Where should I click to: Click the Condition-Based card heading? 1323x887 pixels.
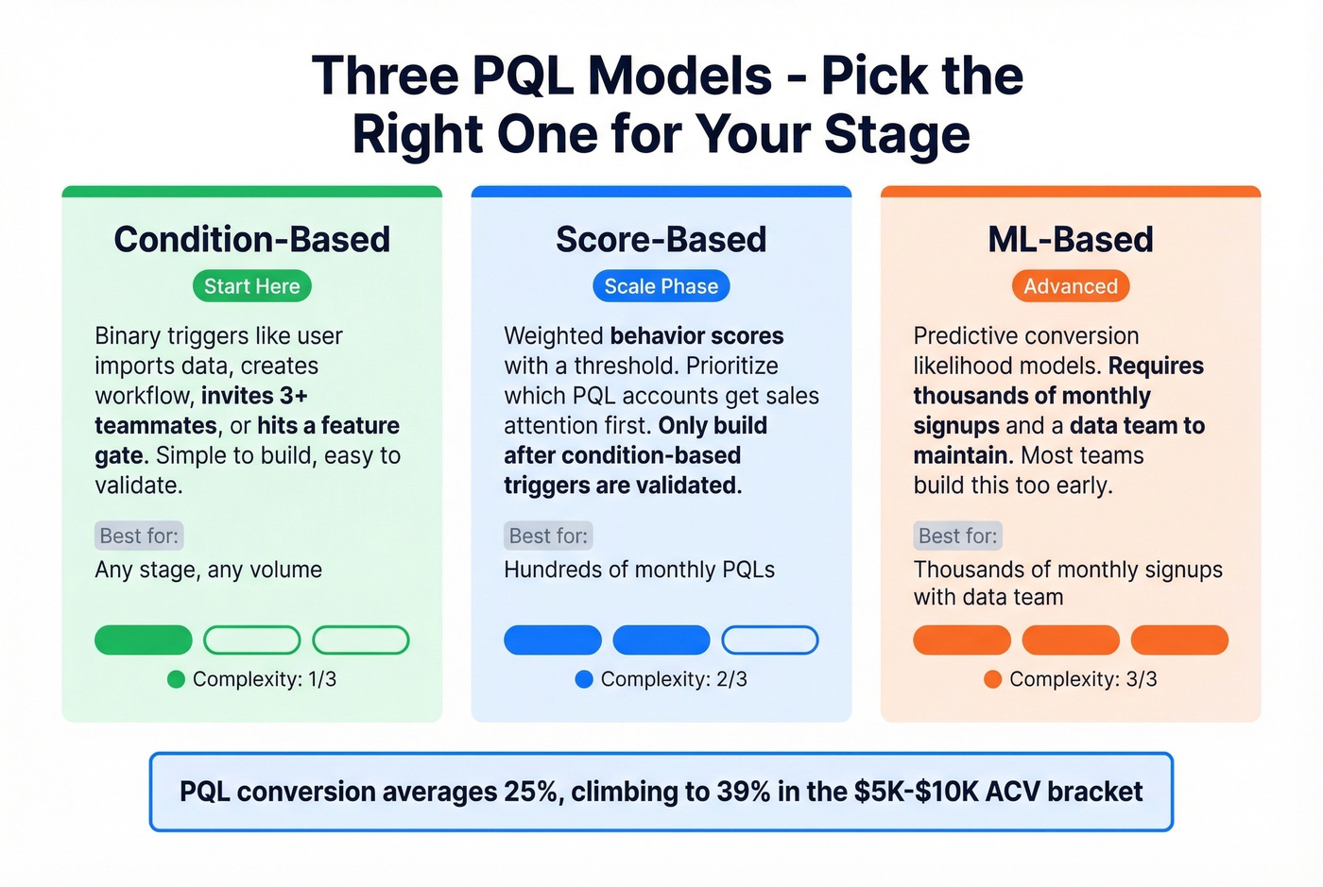pyautogui.click(x=251, y=239)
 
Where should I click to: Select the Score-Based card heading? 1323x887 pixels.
pyautogui.click(x=661, y=239)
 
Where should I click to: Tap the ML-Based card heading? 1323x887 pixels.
pyautogui.click(x=1070, y=239)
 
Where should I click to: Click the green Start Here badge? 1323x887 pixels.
pyautogui.click(x=251, y=286)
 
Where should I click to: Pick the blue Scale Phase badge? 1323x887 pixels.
pyautogui.click(x=661, y=286)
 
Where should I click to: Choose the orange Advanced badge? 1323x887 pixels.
pyautogui.click(x=1070, y=286)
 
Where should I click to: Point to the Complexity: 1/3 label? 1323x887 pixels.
pyautogui.click(x=264, y=679)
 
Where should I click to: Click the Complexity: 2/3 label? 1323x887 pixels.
pyautogui.click(x=673, y=679)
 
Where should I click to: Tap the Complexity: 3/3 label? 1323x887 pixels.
pyautogui.click(x=1082, y=679)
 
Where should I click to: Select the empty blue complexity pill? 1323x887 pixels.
pyautogui.click(x=769, y=640)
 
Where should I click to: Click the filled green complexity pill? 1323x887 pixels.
pyautogui.click(x=144, y=640)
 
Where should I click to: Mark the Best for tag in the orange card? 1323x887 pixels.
pyautogui.click(x=957, y=536)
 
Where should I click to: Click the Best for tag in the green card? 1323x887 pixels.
pyautogui.click(x=139, y=536)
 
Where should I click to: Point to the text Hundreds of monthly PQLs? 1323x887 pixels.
pyautogui.click(x=639, y=570)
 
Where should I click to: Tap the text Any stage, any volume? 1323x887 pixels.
pyautogui.click(x=208, y=570)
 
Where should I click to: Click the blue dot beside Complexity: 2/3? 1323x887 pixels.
pyautogui.click(x=584, y=679)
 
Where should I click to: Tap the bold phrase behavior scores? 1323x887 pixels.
pyautogui.click(x=696, y=336)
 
